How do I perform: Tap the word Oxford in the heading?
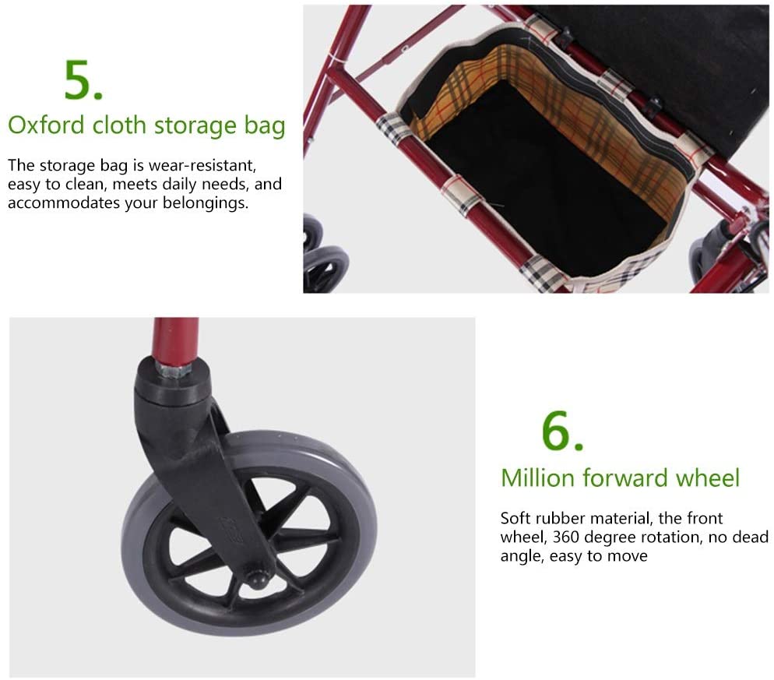[47, 125]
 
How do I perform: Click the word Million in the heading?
[538, 478]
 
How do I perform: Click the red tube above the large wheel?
[175, 339]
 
